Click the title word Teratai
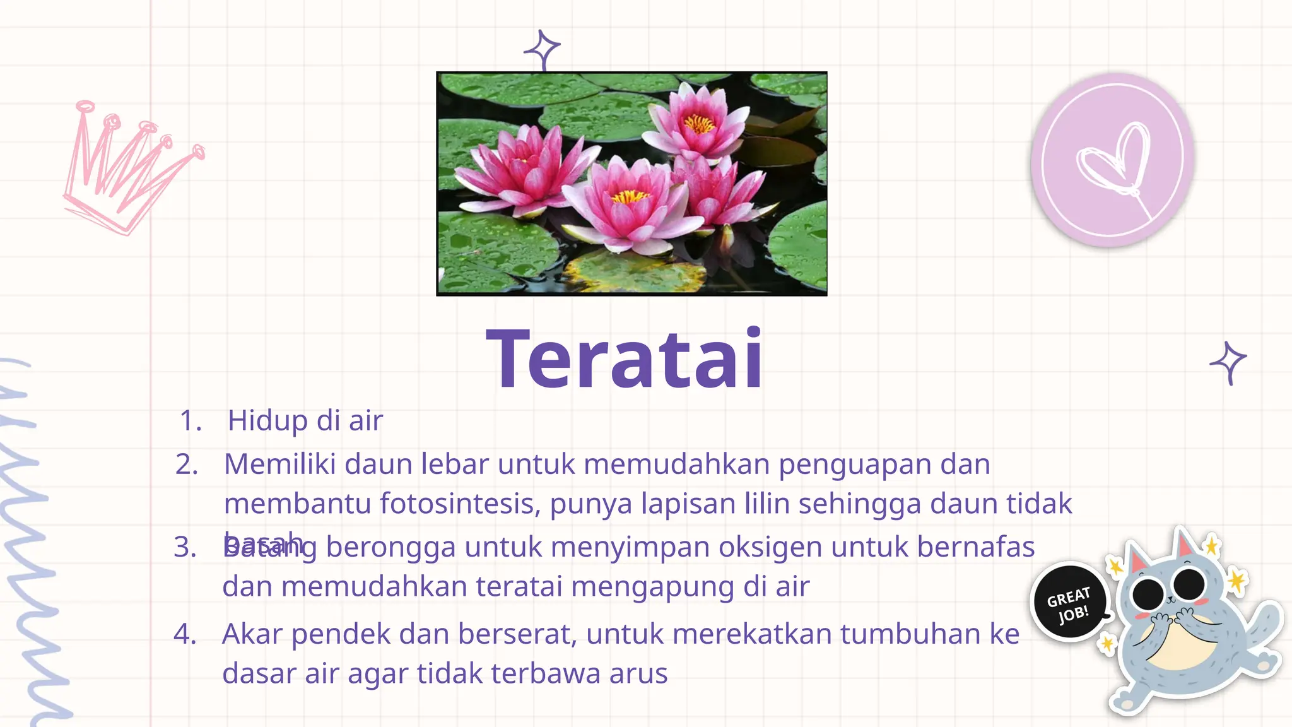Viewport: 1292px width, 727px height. pos(625,360)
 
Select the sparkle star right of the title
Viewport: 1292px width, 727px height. pos(1228,362)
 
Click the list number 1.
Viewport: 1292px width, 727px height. pos(190,421)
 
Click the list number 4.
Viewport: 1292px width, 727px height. pos(184,634)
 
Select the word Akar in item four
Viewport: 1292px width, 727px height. pos(252,634)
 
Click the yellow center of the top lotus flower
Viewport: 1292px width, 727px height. pos(699,123)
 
